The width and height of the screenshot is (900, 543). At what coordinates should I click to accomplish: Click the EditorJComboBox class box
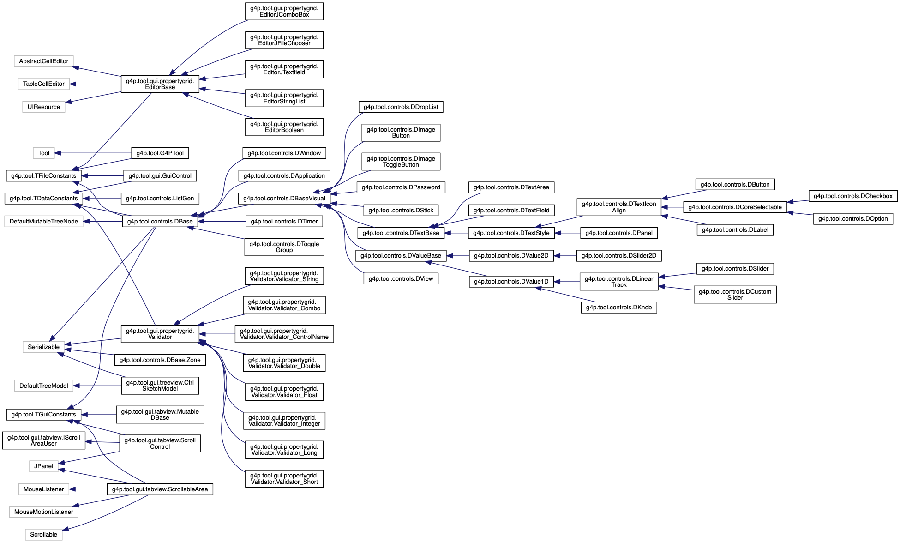(284, 12)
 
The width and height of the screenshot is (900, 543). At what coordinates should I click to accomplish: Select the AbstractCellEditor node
(44, 61)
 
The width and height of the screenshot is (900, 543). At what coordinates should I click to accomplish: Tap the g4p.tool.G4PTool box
(160, 153)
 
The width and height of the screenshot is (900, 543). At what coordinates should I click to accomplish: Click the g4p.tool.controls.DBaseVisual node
(284, 199)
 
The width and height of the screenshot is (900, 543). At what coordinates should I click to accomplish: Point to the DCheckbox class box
(853, 196)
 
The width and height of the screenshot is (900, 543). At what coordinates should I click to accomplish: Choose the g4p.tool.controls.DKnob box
(618, 308)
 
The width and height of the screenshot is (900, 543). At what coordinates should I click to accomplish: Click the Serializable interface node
(44, 347)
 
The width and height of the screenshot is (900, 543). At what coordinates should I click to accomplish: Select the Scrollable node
(44, 535)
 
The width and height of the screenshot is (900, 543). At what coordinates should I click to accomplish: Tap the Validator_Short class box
(284, 479)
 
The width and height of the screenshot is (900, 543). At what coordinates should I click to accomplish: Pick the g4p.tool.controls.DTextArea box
(511, 187)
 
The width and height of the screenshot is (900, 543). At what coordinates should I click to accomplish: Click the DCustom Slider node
(735, 295)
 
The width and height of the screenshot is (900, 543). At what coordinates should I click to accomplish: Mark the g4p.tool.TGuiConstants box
(43, 415)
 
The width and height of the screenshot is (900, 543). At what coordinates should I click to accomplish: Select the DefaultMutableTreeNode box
(44, 222)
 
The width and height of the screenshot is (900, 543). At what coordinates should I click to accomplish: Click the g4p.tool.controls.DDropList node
(401, 107)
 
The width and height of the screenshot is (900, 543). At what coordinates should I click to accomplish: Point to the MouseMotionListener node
(44, 512)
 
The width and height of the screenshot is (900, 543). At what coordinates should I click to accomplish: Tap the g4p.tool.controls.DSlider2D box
(618, 256)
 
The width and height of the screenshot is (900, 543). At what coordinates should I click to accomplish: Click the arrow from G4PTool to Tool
(93, 153)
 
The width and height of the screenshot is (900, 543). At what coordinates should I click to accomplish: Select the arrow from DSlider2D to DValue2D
(565, 256)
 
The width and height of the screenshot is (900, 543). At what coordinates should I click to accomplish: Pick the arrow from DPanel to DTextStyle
(567, 233)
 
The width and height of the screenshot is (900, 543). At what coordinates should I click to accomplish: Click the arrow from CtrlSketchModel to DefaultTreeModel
(97, 386)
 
